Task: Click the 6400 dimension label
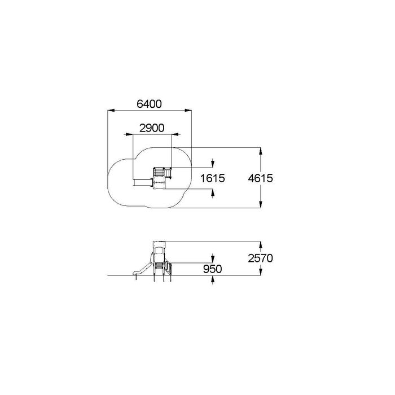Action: pos(149,104)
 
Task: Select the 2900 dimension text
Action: pos(152,128)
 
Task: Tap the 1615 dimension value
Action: pos(212,178)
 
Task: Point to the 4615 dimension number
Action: pos(260,178)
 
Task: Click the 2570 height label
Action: pos(260,258)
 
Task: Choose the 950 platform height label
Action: pos(212,269)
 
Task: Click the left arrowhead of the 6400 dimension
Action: pos(111,110)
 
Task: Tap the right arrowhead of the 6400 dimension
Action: pos(188,110)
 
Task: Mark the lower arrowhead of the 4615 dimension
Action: pos(261,204)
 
